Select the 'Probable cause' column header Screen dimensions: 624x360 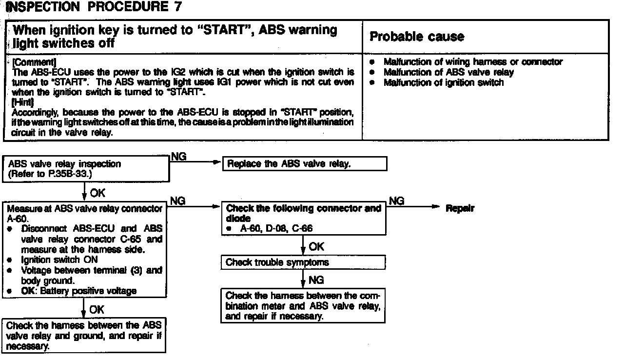pos(417,37)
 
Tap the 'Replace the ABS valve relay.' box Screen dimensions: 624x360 pos(305,164)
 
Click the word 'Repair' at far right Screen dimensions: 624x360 pos(460,208)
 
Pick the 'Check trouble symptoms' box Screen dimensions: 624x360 pos(277,262)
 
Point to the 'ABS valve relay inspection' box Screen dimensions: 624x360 pos(86,169)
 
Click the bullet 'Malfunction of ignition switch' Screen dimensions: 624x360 pos(443,82)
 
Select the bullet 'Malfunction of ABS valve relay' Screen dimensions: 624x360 pos(448,72)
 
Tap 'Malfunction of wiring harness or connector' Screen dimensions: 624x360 pos(473,62)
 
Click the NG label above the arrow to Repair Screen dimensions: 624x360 pos(396,200)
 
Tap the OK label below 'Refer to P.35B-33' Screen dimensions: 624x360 pos(97,193)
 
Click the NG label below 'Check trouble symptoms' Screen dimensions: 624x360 pos(316,280)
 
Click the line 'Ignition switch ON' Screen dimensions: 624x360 pos(59,260)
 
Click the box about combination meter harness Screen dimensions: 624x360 pos(303,306)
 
